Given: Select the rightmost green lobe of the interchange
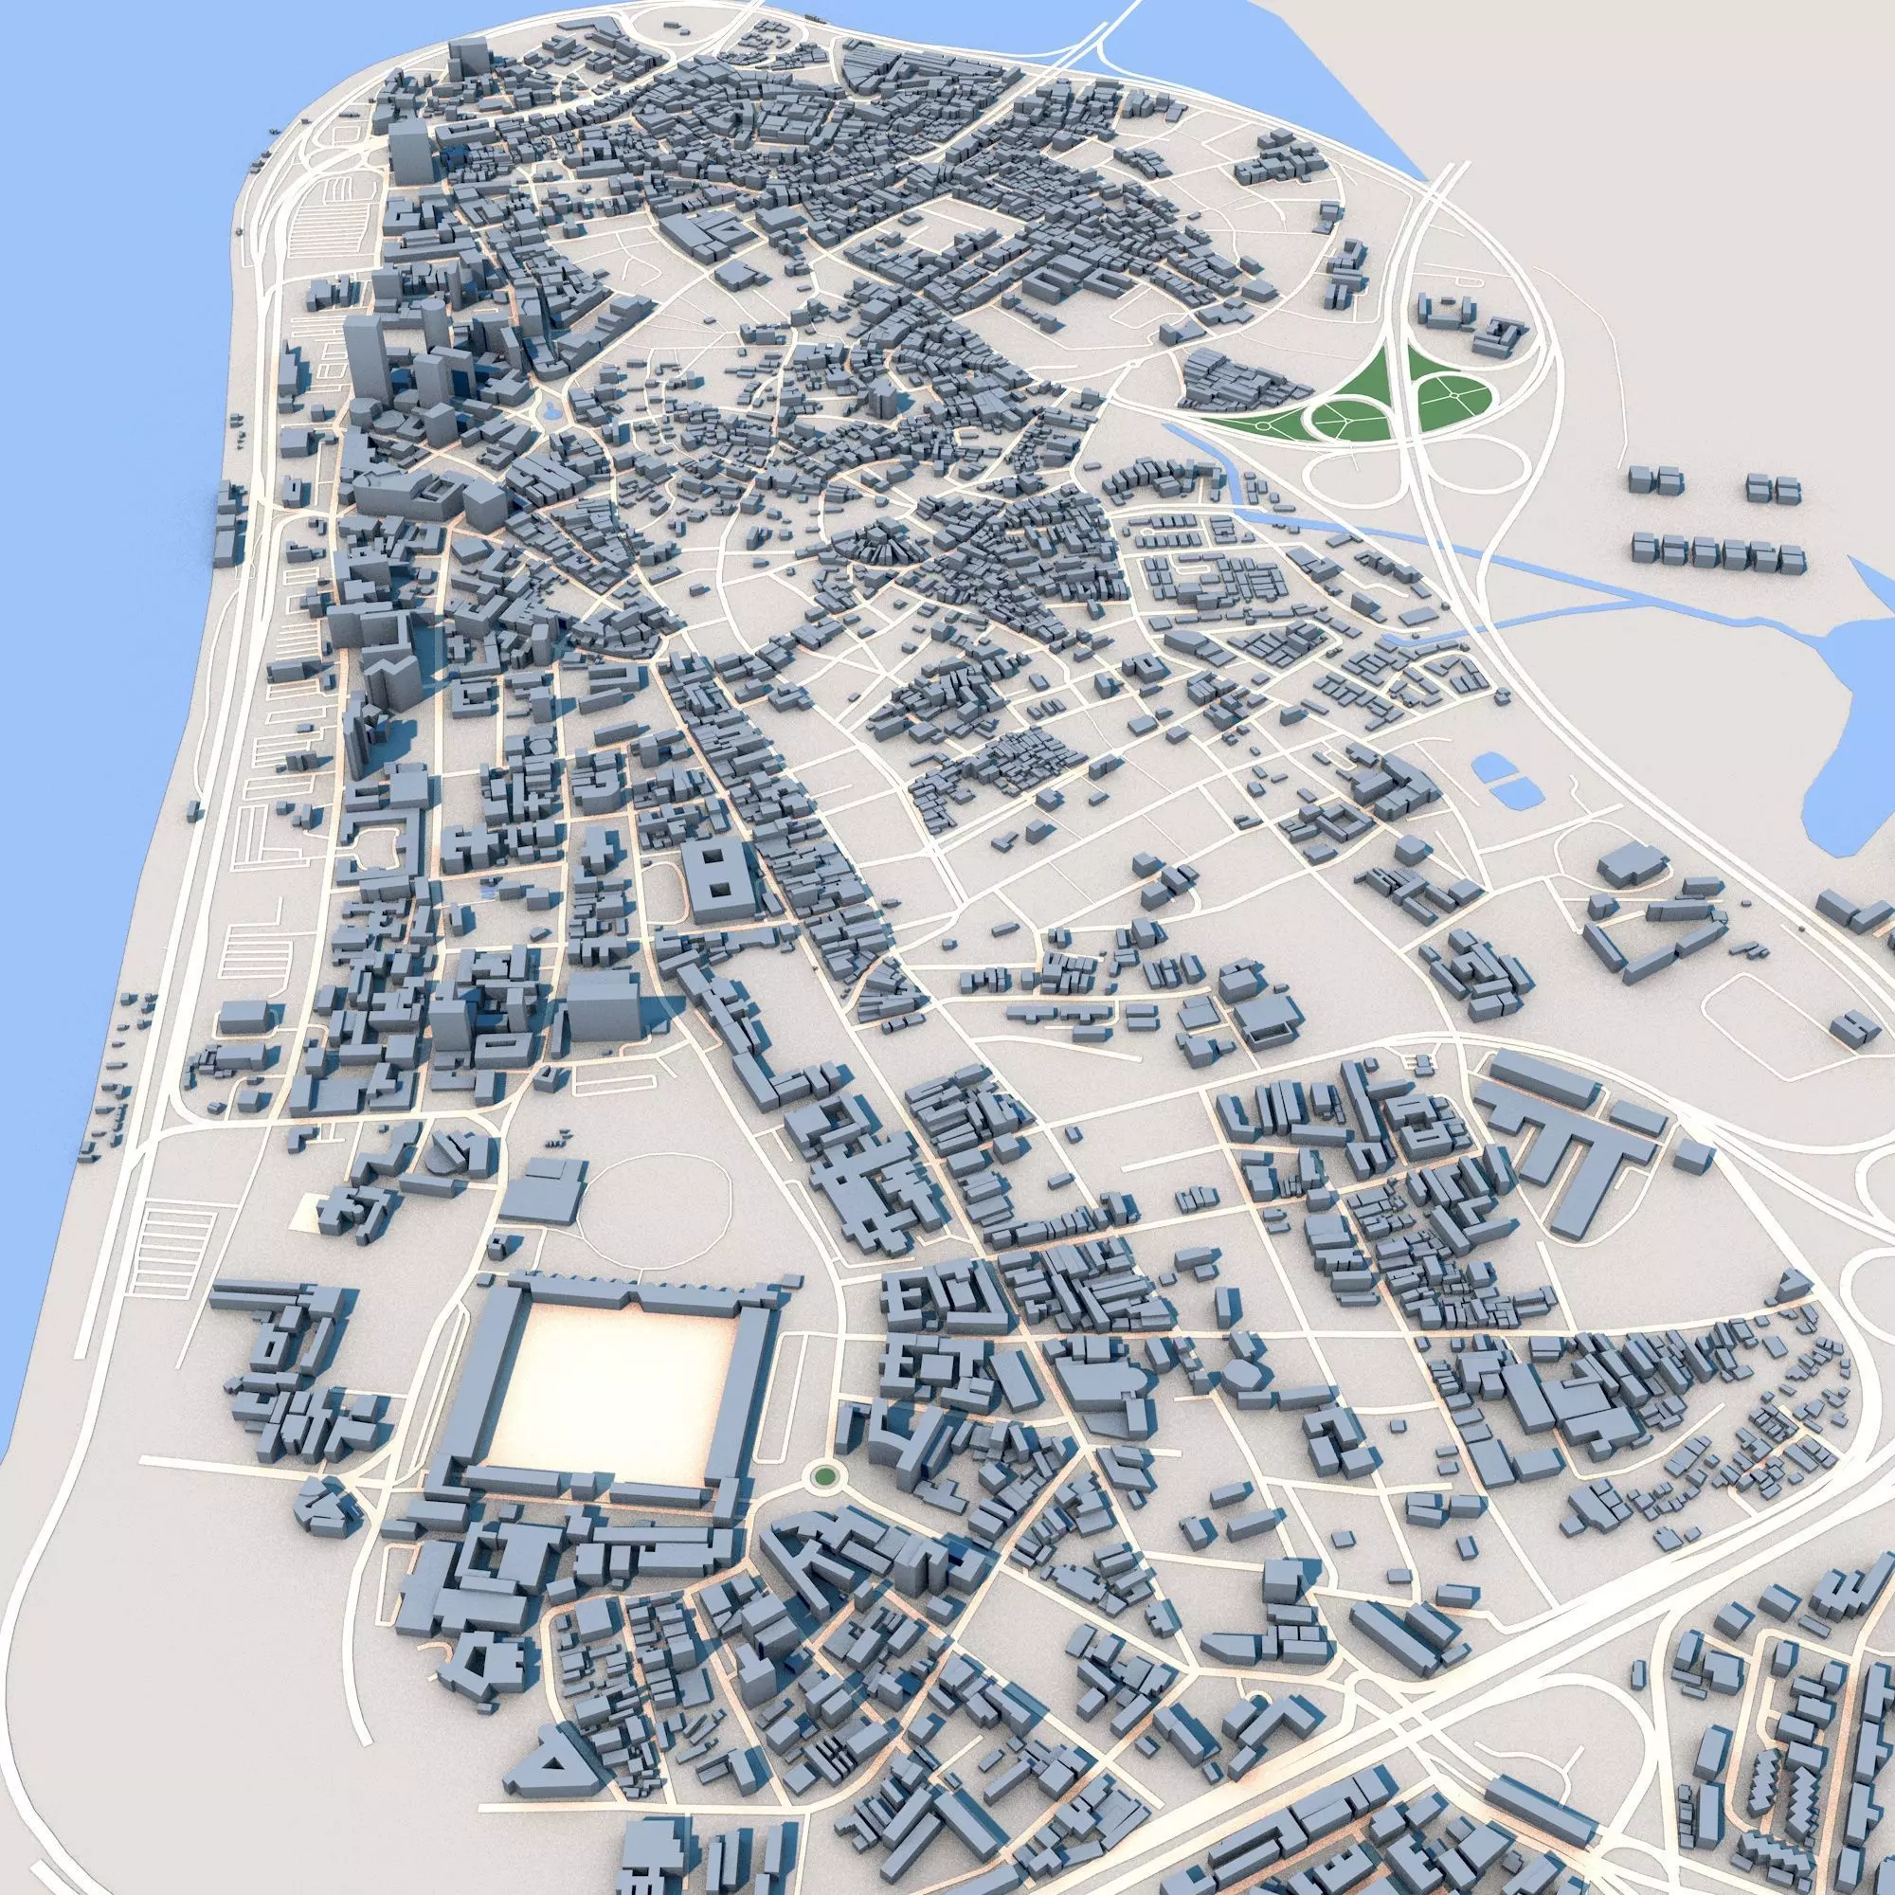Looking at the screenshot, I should click(1452, 392).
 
